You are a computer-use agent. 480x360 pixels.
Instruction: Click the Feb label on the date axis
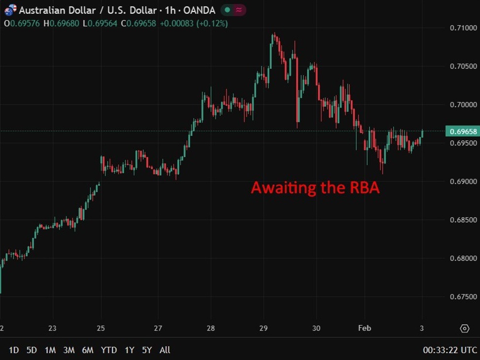coord(365,329)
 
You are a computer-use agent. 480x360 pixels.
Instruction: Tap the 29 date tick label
coord(263,329)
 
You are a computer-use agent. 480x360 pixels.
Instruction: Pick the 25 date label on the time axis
coord(101,329)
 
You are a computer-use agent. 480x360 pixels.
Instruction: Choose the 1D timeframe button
coord(14,350)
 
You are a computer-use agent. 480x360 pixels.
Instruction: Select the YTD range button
coord(109,350)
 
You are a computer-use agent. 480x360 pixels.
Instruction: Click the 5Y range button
coord(147,350)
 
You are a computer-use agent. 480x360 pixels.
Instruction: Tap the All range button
coord(165,350)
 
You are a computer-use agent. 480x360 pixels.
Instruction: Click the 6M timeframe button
coord(88,350)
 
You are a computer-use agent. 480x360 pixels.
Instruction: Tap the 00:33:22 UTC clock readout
coord(450,350)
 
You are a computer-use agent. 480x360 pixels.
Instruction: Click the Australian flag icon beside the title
coord(10,10)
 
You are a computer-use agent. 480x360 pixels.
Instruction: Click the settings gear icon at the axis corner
coord(464,329)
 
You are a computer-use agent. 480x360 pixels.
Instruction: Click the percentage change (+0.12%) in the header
coord(213,23)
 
